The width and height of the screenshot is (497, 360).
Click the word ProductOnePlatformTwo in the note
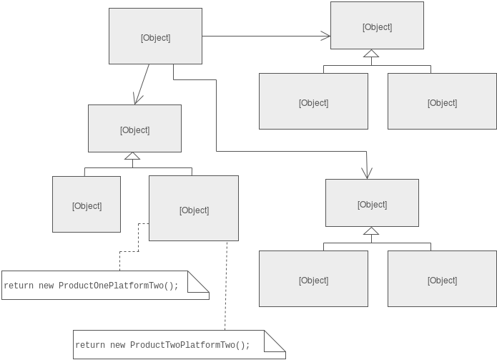point(118,286)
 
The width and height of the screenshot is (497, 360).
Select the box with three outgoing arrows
point(155,37)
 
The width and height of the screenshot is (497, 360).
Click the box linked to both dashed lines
point(194,209)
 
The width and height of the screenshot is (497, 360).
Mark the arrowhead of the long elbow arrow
point(367,172)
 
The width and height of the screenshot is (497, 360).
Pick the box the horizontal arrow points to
point(377,26)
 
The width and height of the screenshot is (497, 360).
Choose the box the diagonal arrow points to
point(134,129)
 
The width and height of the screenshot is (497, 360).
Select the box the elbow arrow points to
point(372,203)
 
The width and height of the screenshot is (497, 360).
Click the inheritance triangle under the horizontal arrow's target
point(371,54)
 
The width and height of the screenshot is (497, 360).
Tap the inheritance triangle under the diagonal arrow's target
point(132,156)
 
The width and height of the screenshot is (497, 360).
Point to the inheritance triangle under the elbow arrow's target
point(370,231)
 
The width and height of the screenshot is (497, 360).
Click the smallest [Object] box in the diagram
point(87,205)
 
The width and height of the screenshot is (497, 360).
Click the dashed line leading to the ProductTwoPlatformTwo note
point(226,286)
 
